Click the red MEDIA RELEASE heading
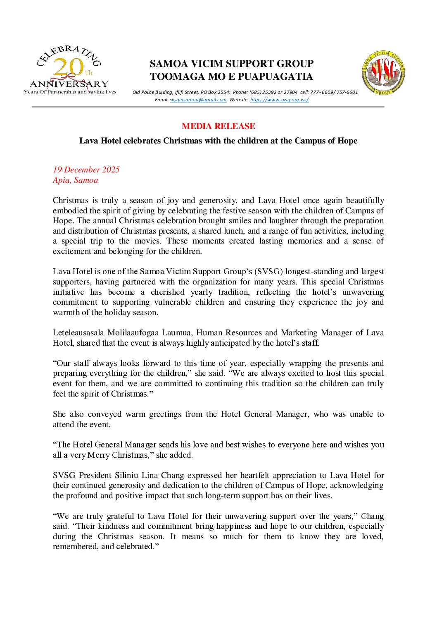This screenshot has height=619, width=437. pos(218,126)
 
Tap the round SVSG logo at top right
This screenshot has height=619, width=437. pos(383,72)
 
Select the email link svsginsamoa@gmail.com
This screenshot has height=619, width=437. pos(198,100)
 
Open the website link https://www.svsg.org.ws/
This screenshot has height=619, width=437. pos(279,100)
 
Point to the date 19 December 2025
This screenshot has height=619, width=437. pos(86,170)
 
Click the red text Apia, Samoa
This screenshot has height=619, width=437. pos(75,180)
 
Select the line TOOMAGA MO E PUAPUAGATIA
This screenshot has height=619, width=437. pos(231,76)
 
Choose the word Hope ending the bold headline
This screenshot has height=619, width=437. pos(347,141)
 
